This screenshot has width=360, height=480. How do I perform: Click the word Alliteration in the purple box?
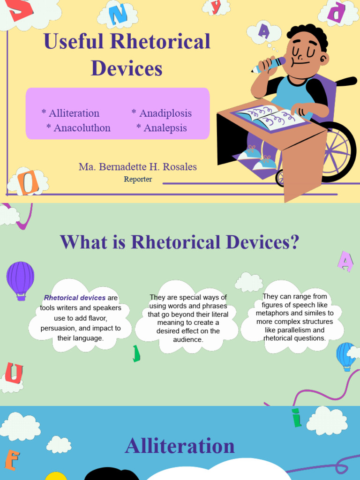[x=74, y=113]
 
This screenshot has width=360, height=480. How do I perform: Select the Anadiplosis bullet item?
[x=165, y=113]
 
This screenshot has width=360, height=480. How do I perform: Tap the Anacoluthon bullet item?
[x=82, y=127]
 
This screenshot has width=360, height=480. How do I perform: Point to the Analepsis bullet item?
[x=165, y=127]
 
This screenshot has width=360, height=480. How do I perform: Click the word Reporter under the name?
[x=138, y=179]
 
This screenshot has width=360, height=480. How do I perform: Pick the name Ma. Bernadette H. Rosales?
[x=138, y=166]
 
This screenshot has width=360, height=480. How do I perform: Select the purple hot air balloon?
[x=20, y=279]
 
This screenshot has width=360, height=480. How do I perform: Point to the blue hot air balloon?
[x=346, y=355]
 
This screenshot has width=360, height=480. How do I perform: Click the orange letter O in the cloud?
[x=28, y=183]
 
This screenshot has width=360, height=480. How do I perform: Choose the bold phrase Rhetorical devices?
[x=75, y=298]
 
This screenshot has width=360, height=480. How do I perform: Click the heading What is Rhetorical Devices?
[x=180, y=242]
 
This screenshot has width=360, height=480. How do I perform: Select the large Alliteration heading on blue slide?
[x=180, y=445]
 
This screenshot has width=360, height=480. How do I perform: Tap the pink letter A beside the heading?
[x=346, y=262]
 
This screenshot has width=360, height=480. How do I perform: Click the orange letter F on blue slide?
[x=11, y=460]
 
